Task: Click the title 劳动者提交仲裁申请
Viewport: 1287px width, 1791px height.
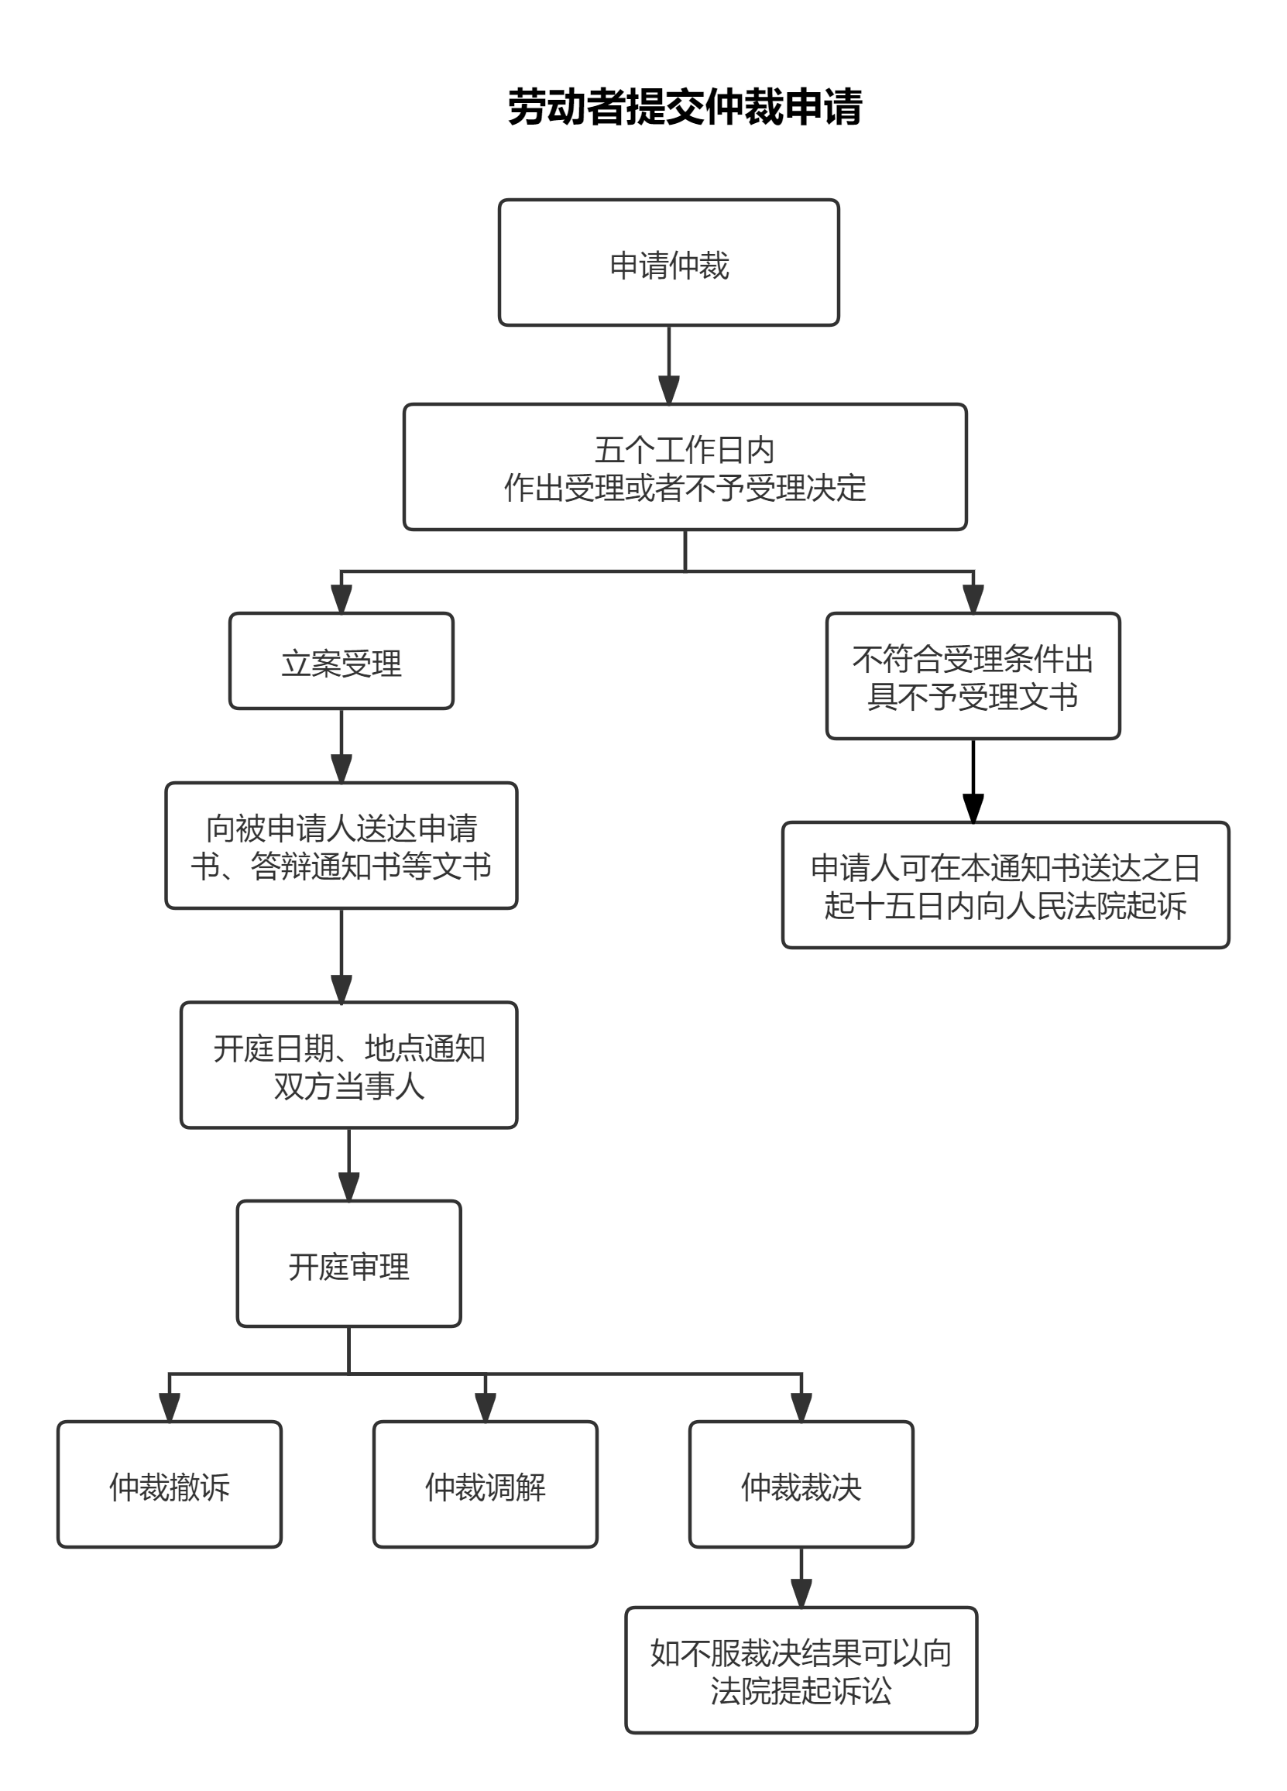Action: pyautogui.click(x=684, y=108)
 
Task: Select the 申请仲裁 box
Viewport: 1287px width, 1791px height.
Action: pyautogui.click(x=668, y=263)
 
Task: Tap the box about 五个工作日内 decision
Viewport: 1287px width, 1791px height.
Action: pyautogui.click(x=685, y=468)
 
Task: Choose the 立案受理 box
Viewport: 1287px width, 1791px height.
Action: pyautogui.click(x=341, y=662)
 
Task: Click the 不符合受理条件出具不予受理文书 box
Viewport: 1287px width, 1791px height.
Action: pyautogui.click(x=973, y=677)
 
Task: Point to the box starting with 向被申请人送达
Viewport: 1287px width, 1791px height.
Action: pyautogui.click(x=341, y=846)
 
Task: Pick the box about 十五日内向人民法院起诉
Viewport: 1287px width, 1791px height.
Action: pyautogui.click(x=1005, y=886)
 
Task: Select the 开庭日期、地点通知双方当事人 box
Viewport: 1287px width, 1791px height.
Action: pyautogui.click(x=348, y=1066)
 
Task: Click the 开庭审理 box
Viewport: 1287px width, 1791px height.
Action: pyautogui.click(x=348, y=1264)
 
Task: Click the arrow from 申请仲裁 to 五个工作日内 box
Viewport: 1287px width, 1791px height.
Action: pyautogui.click(x=669, y=365)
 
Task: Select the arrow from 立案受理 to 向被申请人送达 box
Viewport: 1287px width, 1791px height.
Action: pyautogui.click(x=341, y=746)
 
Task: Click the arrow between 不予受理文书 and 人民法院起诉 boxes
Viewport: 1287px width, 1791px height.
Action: pyautogui.click(x=973, y=781)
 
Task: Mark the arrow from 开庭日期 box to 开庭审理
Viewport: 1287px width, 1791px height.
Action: pyautogui.click(x=348, y=1165)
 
